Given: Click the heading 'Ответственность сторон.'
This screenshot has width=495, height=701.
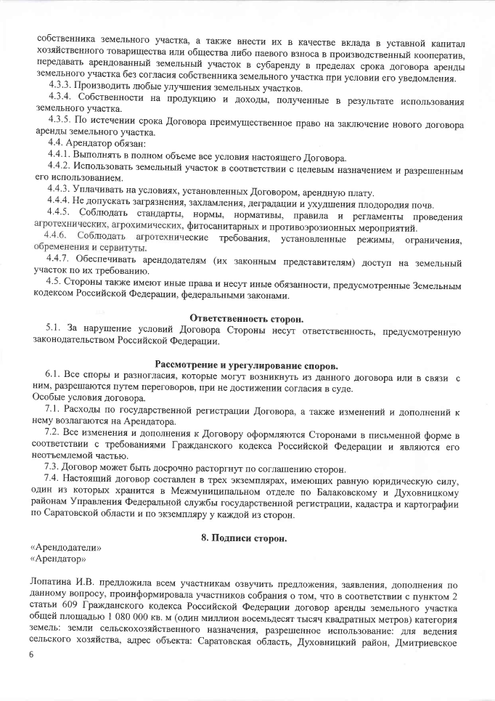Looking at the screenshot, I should click(x=246, y=317).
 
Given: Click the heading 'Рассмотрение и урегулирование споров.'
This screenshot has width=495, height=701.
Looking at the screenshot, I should click(x=246, y=364).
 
